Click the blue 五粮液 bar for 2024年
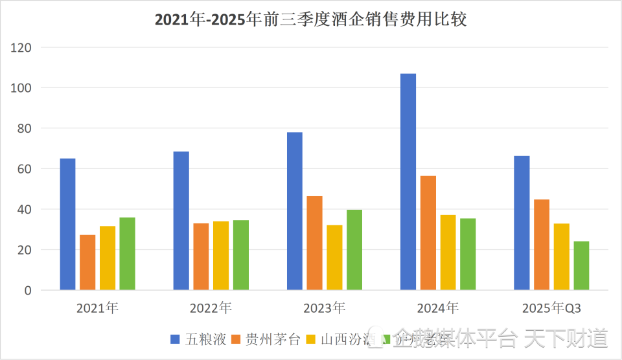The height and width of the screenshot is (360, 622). pos(408,181)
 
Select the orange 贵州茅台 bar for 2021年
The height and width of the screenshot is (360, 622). pos(87,262)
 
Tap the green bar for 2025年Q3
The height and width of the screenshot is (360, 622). pos(581,265)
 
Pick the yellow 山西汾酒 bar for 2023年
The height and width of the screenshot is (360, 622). pos(334,257)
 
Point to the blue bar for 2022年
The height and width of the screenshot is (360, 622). pos(181,220)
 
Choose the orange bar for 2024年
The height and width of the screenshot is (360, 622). pos(428,232)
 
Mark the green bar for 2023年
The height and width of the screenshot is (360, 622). pos(354,249)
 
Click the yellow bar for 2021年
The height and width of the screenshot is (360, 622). pos(108,258)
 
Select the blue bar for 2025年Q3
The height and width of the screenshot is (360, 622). pos(522,223)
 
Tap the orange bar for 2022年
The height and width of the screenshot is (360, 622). pos(201,256)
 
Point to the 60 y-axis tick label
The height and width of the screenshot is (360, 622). pos(25,169)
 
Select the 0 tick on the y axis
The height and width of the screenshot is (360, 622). pos(28,291)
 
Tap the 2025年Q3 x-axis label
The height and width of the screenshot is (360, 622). pos(551,308)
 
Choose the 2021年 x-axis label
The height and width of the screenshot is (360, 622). pos(97,308)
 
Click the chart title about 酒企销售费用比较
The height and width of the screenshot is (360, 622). pos(311,19)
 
